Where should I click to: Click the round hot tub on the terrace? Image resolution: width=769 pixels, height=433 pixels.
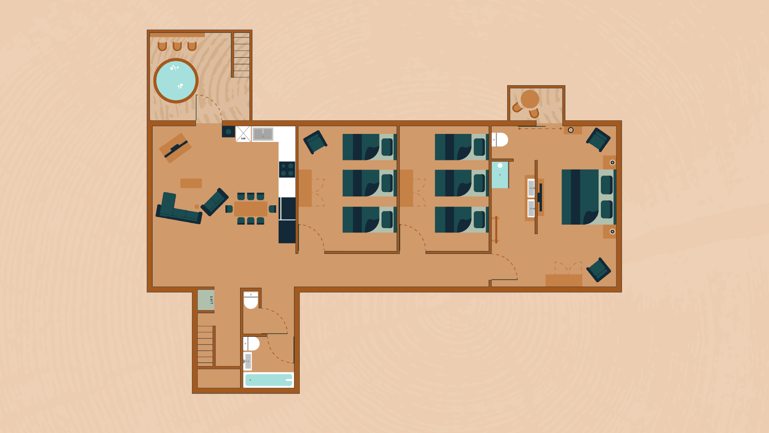176,81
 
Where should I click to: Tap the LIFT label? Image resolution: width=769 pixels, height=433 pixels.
212,299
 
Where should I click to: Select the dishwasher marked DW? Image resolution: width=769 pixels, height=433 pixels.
243,134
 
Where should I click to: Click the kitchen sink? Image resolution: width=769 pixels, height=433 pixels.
263,134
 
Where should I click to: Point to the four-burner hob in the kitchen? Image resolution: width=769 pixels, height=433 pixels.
287,169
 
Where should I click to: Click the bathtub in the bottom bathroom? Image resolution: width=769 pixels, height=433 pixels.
269,380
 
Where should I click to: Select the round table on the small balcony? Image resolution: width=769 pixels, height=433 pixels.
530,99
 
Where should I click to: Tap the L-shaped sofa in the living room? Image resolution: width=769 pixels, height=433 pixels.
178,208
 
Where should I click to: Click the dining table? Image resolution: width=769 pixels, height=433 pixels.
251,209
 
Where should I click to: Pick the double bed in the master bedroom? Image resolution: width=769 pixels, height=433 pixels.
588,197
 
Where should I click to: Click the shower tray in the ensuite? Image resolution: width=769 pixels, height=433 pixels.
500,175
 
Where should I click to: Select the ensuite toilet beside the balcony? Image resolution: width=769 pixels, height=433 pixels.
500,140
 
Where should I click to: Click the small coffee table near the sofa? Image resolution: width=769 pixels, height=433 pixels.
191,183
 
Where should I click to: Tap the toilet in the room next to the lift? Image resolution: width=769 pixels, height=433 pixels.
251,300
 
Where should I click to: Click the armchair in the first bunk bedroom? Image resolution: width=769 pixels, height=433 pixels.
315,142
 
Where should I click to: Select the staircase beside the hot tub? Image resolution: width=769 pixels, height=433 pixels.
241,55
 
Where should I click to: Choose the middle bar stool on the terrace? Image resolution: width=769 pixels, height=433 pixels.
177,47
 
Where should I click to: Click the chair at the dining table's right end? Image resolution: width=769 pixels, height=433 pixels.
272,209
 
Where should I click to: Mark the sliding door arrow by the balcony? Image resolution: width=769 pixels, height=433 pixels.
540,129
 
